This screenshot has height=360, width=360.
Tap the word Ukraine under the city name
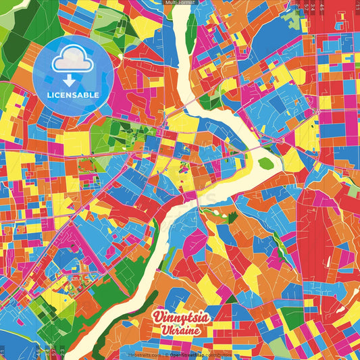pyautogui.click(x=180, y=330)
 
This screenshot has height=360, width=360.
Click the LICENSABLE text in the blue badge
pyautogui.click(x=74, y=95)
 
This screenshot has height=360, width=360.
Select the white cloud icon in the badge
pyautogui.click(x=73, y=59)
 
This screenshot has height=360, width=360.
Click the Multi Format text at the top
pyautogui.click(x=180, y=3)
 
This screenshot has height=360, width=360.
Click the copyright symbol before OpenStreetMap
pyautogui.click(x=166, y=355)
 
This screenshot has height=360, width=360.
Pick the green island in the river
pyautogui.click(x=266, y=163)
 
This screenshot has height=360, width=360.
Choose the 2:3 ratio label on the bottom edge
pyautogui.click(x=62, y=353)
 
